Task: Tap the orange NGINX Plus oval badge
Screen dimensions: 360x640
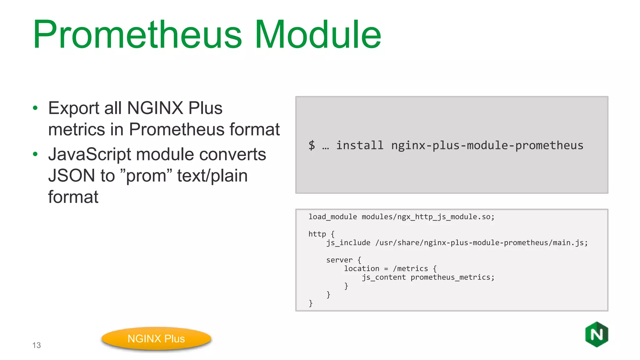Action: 156,339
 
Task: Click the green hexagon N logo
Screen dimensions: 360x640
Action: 597,334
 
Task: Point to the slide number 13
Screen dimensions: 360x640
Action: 37,345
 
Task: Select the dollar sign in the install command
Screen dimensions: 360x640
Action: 312,145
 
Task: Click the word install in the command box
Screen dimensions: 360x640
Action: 359,145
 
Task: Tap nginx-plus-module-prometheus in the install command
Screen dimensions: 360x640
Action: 487,145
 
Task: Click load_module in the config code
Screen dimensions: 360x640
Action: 332,217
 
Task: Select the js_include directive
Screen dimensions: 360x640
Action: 348,243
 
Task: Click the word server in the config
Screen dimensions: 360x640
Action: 339,260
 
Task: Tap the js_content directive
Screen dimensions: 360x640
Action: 384,277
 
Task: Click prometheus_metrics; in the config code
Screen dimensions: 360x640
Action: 452,277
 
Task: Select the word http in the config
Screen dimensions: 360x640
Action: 317,234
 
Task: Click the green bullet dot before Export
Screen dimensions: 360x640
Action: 35,108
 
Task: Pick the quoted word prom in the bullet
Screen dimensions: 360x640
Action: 146,176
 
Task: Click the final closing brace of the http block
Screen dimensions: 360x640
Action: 311,303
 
